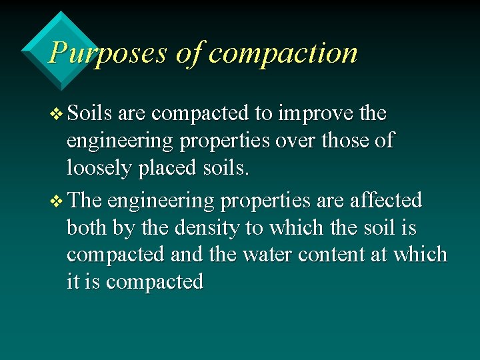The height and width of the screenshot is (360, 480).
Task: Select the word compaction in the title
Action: point(283,53)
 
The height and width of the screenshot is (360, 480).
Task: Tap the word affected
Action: point(386,201)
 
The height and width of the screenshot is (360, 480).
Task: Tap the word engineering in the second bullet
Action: point(160,201)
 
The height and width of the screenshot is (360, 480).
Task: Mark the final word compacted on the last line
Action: point(155,282)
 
